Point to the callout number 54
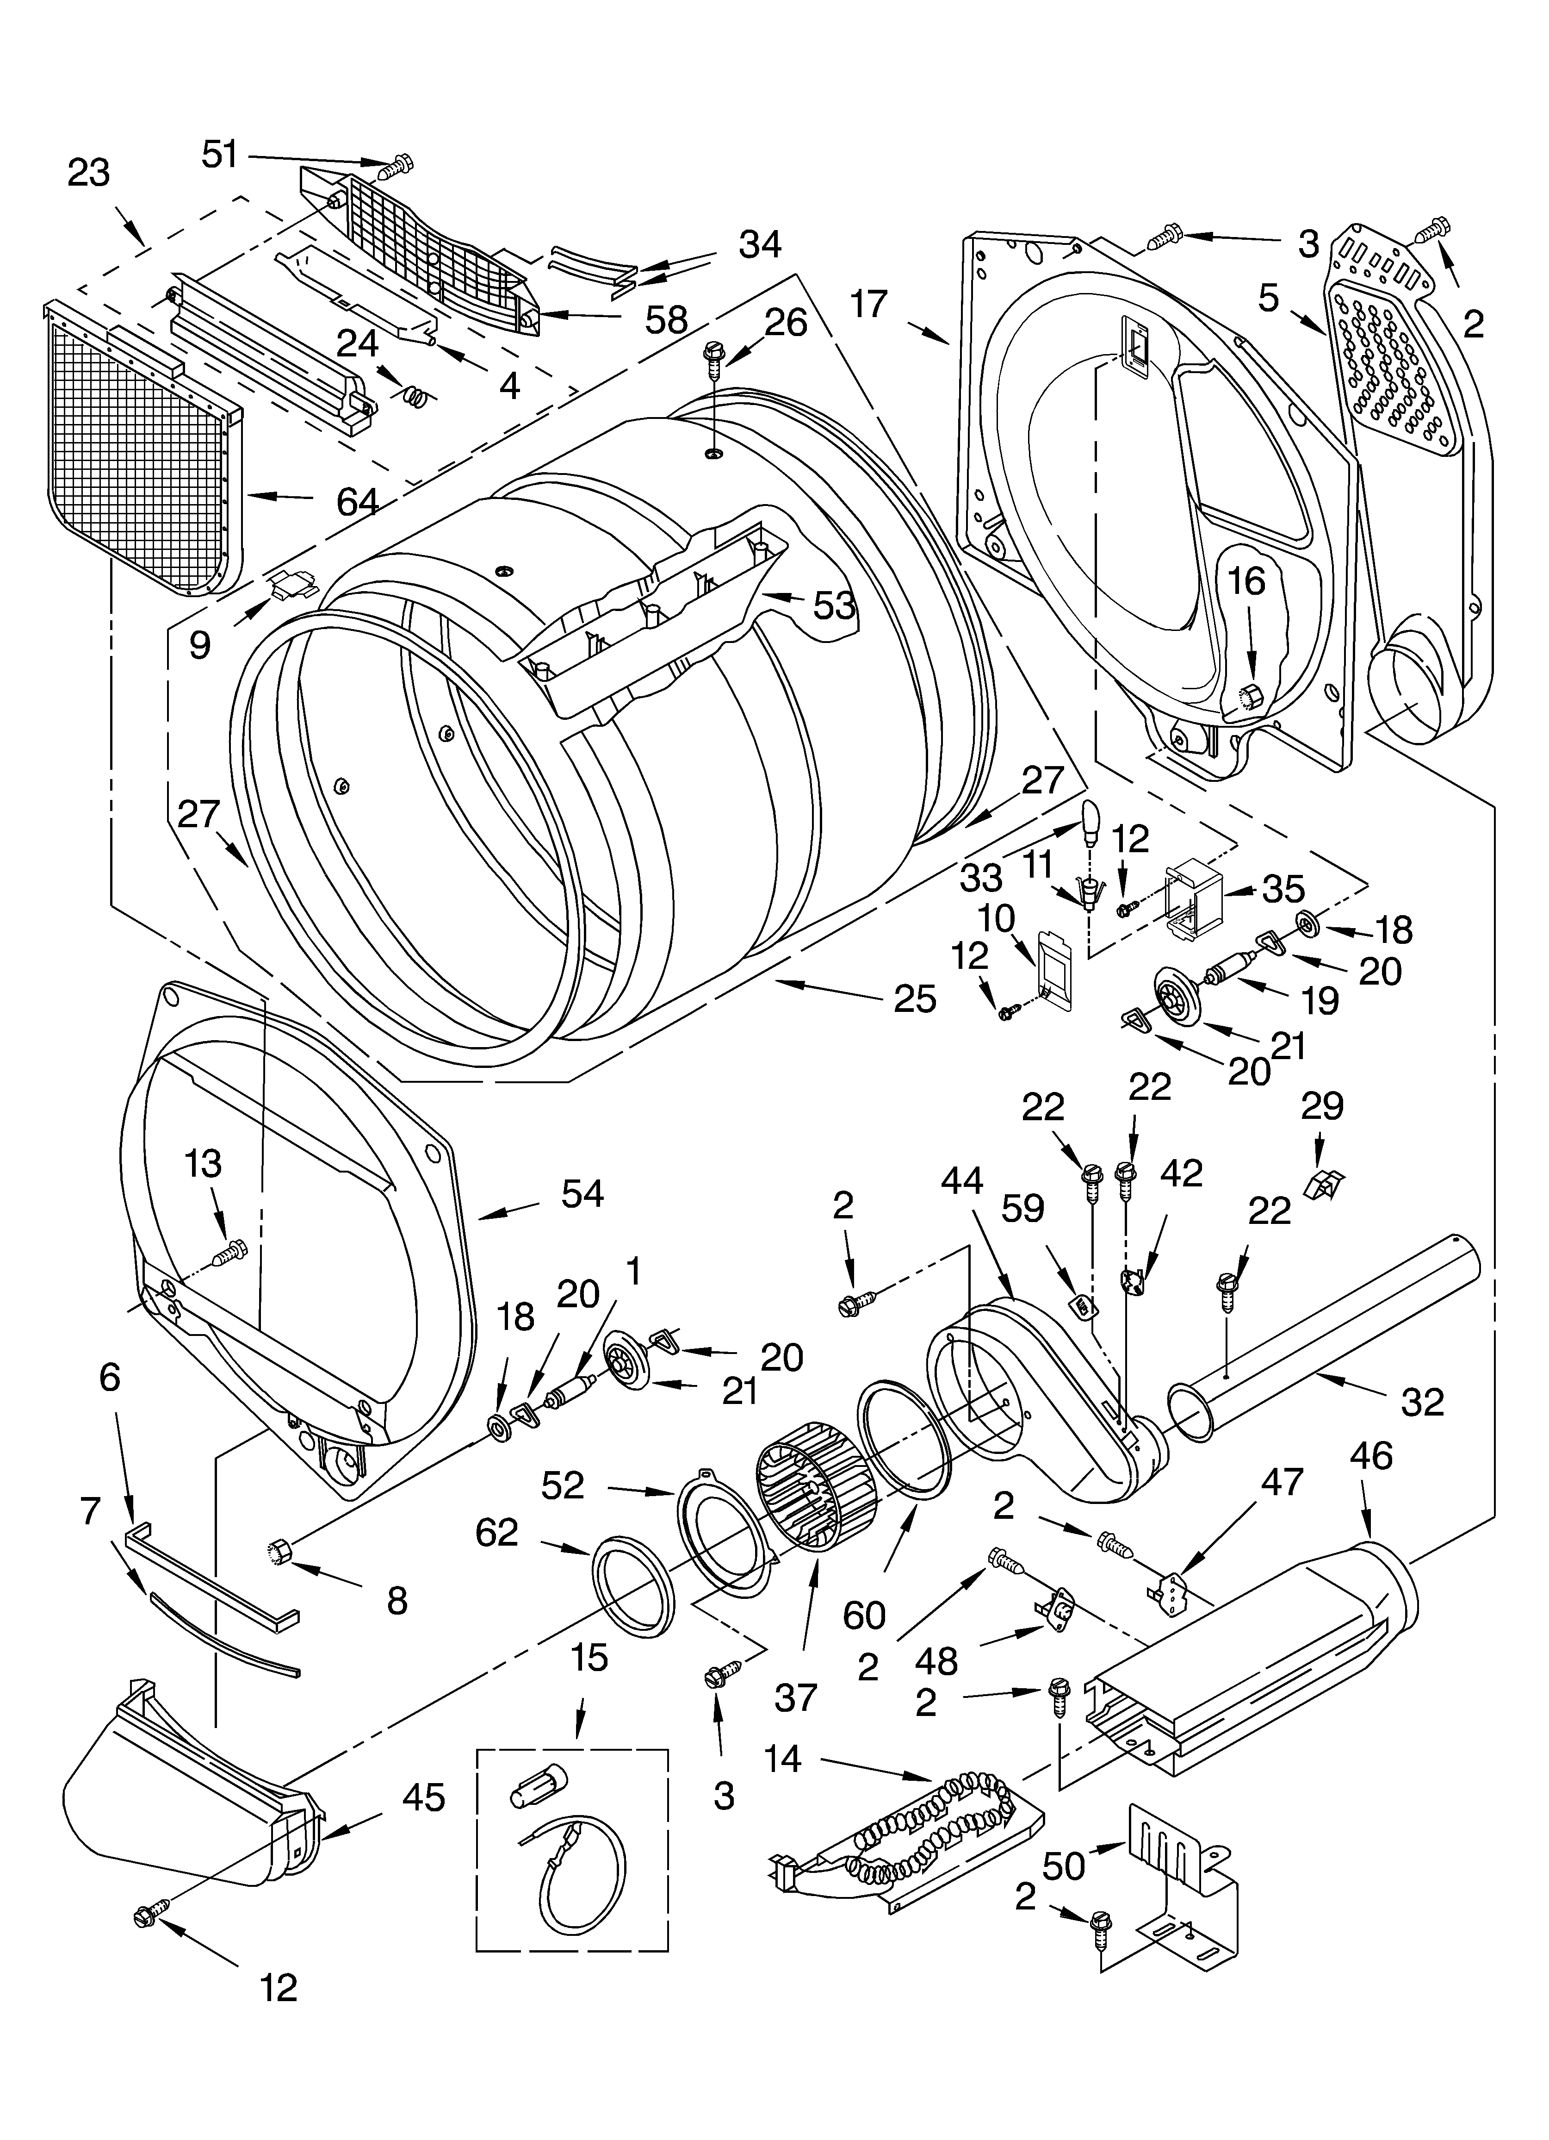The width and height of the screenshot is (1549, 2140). coord(582,1194)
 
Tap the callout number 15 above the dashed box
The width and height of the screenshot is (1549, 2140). coord(589,1657)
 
